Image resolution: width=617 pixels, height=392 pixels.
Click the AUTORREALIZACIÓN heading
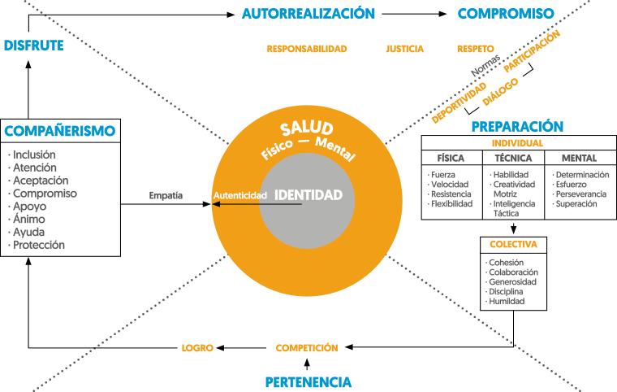308,14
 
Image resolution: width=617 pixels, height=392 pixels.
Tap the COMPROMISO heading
506,14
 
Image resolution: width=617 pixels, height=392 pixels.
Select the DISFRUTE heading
33,46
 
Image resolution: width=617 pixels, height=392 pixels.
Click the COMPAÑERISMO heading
59,131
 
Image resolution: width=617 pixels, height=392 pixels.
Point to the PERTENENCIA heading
308,382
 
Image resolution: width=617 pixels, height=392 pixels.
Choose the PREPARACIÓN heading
517,127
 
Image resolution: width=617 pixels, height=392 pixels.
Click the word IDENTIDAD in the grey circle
308,195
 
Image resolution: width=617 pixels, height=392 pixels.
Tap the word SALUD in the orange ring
307,129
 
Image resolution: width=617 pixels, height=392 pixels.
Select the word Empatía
166,195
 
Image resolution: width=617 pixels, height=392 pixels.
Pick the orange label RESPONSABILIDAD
307,49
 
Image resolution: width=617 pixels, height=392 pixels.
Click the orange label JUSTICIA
404,49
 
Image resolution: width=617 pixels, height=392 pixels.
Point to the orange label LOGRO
197,348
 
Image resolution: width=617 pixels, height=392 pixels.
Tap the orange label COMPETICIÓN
307,348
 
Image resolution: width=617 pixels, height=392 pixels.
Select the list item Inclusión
34,155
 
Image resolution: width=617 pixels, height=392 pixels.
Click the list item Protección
37,245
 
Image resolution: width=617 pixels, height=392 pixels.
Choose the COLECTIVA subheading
513,244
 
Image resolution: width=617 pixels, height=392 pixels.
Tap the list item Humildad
507,301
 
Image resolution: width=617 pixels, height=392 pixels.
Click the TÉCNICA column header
513,159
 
